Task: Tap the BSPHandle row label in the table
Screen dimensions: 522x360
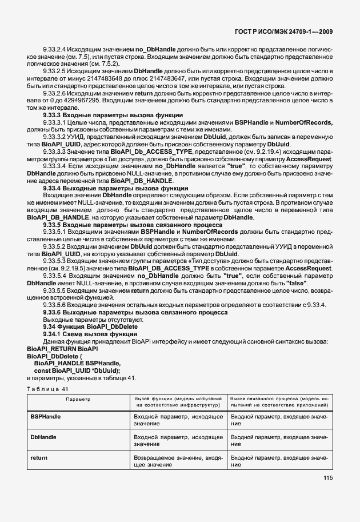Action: (x=46, y=418)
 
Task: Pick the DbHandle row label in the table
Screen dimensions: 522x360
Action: (x=43, y=437)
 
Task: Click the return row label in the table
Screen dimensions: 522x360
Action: (x=39, y=458)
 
